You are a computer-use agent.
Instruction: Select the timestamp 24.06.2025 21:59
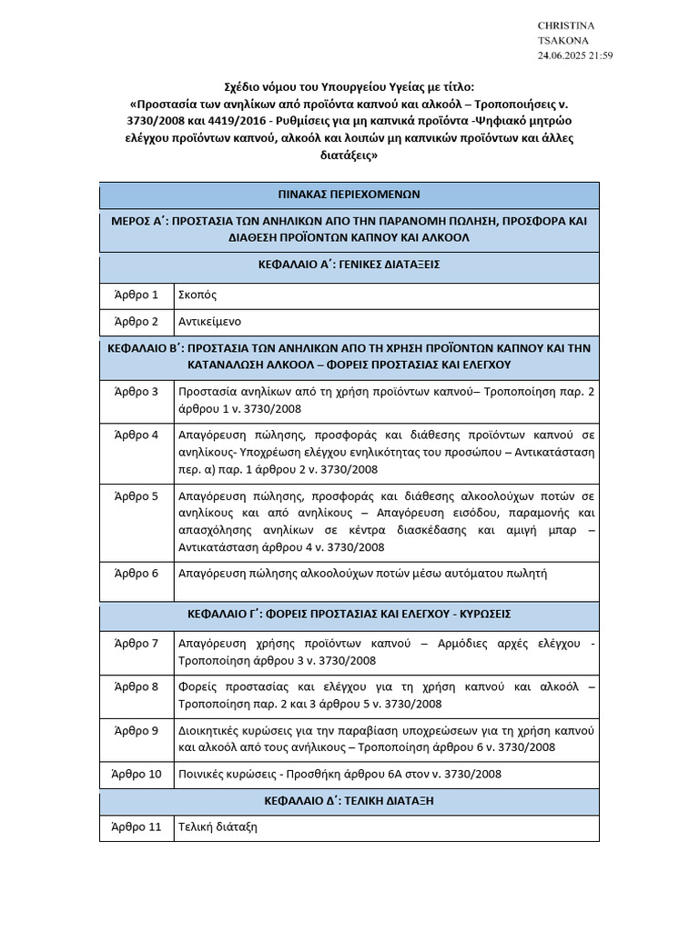point(575,55)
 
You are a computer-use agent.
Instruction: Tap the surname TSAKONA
point(563,40)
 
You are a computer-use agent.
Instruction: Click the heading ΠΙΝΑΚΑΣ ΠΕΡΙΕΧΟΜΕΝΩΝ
point(349,195)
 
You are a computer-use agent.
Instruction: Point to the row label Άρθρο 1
point(137,295)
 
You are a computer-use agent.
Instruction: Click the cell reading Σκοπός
point(198,295)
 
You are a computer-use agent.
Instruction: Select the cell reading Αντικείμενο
point(210,322)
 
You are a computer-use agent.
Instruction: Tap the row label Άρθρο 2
point(137,322)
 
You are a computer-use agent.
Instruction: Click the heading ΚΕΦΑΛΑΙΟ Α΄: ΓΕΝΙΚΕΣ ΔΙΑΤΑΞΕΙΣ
point(349,265)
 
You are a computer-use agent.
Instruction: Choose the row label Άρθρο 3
point(137,392)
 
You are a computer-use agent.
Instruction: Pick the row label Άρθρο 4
point(137,435)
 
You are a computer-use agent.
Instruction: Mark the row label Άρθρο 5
point(137,496)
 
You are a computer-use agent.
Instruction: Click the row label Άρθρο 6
point(137,574)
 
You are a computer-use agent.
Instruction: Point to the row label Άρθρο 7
point(137,644)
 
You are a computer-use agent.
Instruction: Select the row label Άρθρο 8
point(137,686)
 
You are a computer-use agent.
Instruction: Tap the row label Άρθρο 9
point(137,730)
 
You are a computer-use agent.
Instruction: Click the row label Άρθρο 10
point(137,774)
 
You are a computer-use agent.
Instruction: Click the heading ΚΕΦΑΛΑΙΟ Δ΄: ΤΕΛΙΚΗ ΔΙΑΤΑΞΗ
point(349,801)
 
